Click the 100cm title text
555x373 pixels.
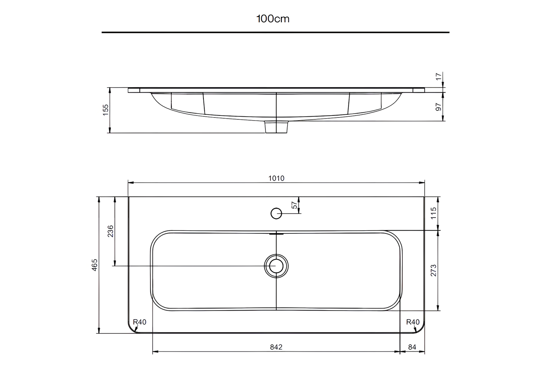(x=273, y=19)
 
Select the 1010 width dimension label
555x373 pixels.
(x=276, y=178)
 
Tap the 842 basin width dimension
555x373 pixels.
(x=276, y=347)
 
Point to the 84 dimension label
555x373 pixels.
(x=412, y=347)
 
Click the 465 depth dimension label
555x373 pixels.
(x=95, y=265)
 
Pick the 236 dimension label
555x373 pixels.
(x=110, y=231)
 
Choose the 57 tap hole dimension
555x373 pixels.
(x=294, y=205)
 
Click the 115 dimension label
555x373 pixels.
(x=433, y=213)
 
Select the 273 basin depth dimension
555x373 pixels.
(x=433, y=270)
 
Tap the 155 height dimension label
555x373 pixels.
(x=105, y=110)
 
